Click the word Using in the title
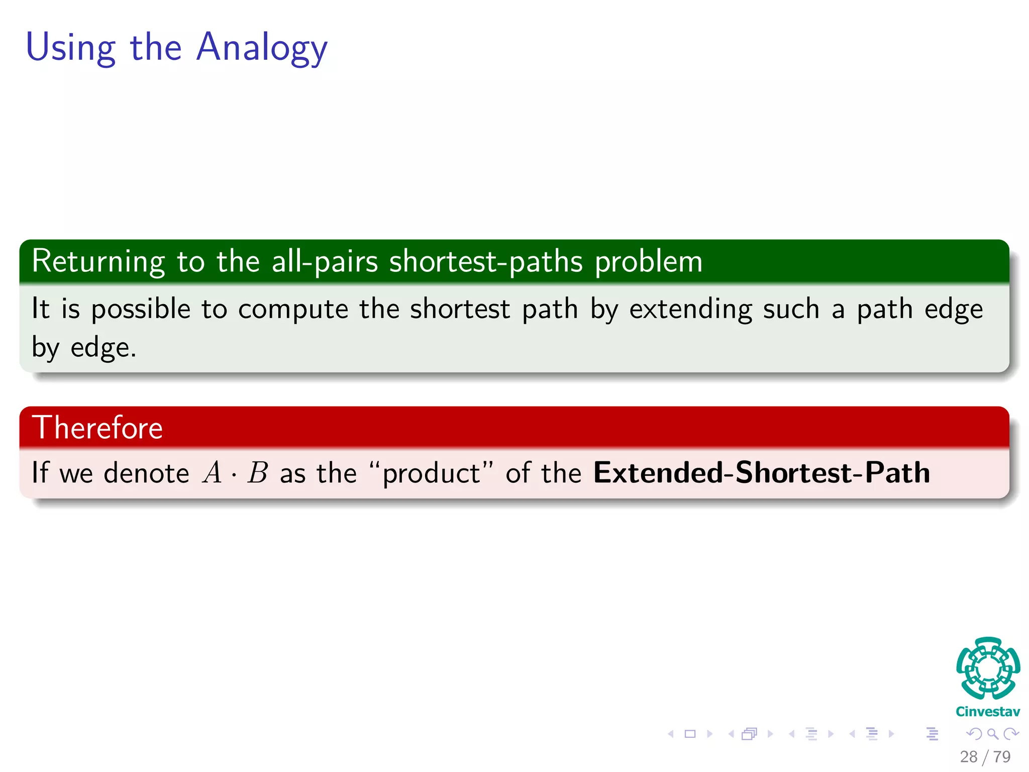pos(71,48)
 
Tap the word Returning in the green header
pos(98,261)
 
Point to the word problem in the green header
pos(649,261)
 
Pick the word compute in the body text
pos(293,309)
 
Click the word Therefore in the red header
pos(97,428)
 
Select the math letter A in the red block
pos(212,473)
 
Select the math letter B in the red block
pos(258,473)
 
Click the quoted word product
pos(431,473)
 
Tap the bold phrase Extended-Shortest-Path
pos(761,473)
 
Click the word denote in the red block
pos(146,473)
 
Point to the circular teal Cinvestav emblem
pos(988,668)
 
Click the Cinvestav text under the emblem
pos(988,712)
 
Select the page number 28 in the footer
pos(969,757)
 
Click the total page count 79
pos(1002,757)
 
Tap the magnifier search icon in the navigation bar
pos(992,734)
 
